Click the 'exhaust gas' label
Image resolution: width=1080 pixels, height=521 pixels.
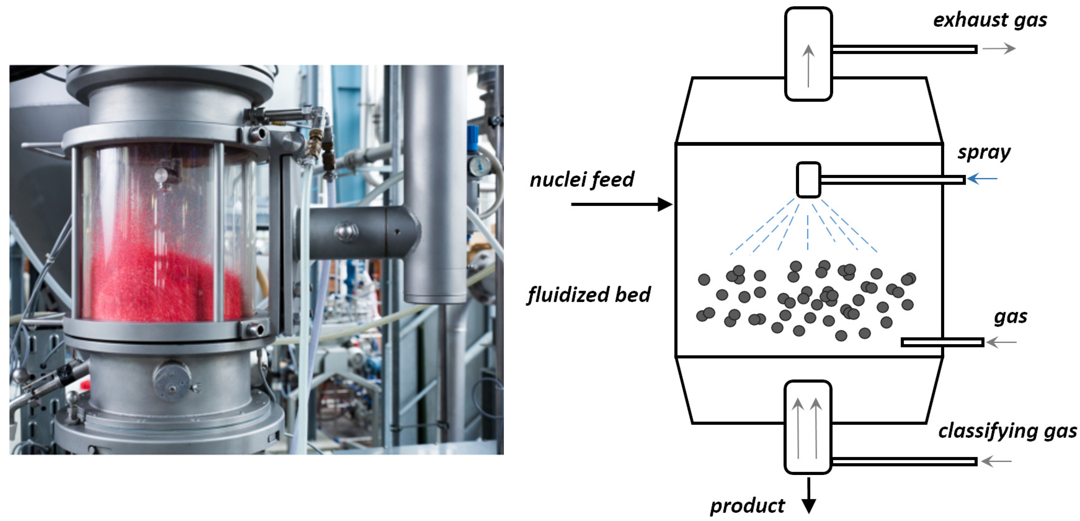990,20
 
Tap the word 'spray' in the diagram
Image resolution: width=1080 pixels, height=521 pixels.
984,153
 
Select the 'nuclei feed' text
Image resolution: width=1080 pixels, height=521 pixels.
582,180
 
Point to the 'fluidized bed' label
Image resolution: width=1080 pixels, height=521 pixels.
589,295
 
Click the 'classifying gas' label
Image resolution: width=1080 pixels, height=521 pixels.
1007,431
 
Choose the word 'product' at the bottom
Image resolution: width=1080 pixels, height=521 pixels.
747,506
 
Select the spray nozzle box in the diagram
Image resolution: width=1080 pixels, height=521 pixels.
808,179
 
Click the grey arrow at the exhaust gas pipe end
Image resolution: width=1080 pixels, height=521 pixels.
999,49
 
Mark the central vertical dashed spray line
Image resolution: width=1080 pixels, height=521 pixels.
808,233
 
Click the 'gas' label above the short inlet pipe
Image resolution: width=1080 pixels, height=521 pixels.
1010,317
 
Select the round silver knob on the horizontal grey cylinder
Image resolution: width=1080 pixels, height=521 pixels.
346,231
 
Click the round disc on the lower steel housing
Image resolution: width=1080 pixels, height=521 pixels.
172,379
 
